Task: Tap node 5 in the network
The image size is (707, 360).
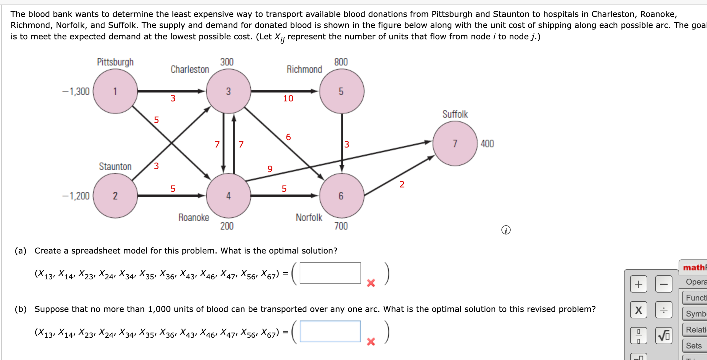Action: coord(341,91)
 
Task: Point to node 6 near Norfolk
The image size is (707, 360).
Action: coord(341,195)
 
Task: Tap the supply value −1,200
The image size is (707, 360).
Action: coord(76,196)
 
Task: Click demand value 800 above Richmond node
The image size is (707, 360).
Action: coord(341,62)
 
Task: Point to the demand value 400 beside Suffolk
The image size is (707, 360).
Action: coord(487,144)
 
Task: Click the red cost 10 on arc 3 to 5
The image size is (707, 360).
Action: coord(288,98)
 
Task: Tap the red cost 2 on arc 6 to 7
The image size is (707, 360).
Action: coord(402,184)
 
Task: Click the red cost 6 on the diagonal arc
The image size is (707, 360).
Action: coord(288,137)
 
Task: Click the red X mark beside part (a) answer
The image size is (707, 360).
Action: coord(371,283)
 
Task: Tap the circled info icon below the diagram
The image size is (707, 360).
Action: coord(506,230)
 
